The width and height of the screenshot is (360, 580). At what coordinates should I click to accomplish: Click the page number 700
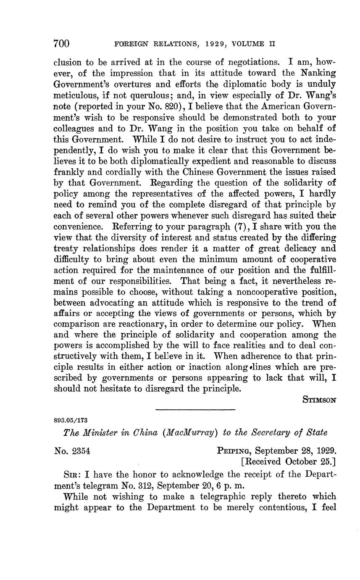pyautogui.click(x=61, y=44)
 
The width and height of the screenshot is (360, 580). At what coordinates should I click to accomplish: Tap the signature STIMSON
pyautogui.click(x=319, y=400)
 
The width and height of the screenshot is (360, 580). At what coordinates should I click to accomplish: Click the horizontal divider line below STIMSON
pyautogui.click(x=195, y=409)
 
